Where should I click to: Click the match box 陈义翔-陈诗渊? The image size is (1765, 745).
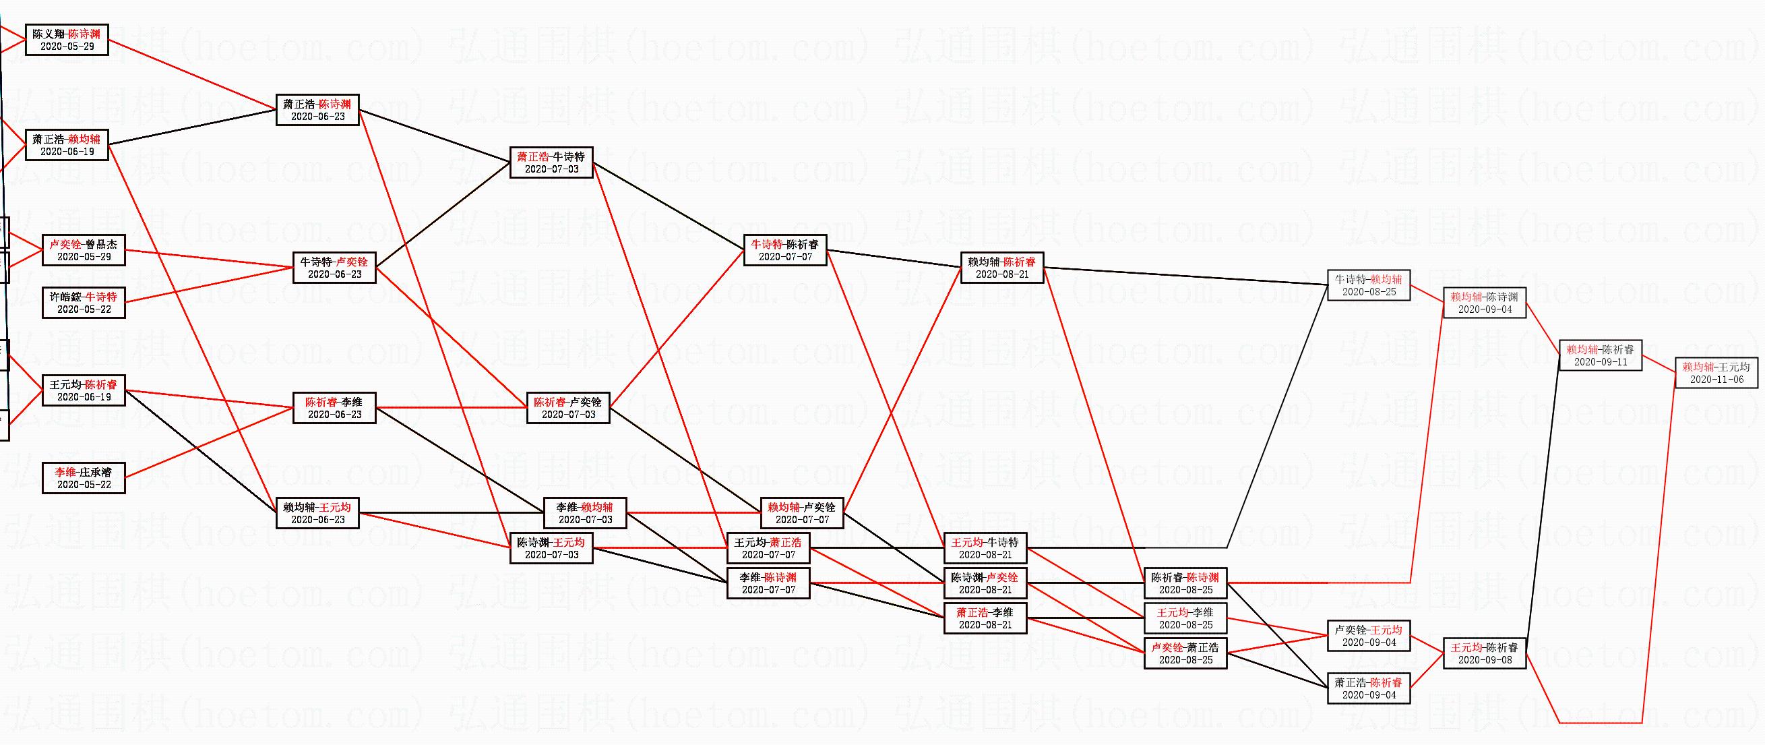tap(67, 40)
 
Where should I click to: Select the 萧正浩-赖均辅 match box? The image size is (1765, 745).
tap(67, 144)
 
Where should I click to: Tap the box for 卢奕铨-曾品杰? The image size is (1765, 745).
tap(84, 250)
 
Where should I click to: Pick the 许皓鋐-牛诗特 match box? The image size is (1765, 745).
tap(84, 303)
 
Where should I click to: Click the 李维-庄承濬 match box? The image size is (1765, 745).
tap(84, 478)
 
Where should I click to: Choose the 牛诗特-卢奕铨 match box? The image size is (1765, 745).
tap(334, 267)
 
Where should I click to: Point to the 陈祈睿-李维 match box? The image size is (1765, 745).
tap(334, 408)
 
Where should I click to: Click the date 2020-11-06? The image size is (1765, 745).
tap(1716, 380)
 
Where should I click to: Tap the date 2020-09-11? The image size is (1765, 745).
tap(1601, 362)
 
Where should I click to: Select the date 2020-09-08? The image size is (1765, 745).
tap(1485, 660)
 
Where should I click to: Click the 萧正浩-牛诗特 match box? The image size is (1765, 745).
tap(551, 162)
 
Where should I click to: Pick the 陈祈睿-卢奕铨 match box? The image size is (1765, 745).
tap(569, 408)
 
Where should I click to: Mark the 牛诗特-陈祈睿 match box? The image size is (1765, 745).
tap(785, 250)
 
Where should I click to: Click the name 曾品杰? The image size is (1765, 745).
tap(101, 244)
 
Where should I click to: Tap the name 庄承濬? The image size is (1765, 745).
tap(95, 471)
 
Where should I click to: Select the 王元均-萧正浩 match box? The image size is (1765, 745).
tap(768, 548)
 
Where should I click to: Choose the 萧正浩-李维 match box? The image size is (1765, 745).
tap(985, 618)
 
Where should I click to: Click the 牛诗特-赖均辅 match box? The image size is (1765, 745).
tap(1369, 285)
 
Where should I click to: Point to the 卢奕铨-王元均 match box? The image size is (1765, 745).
tap(1369, 635)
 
